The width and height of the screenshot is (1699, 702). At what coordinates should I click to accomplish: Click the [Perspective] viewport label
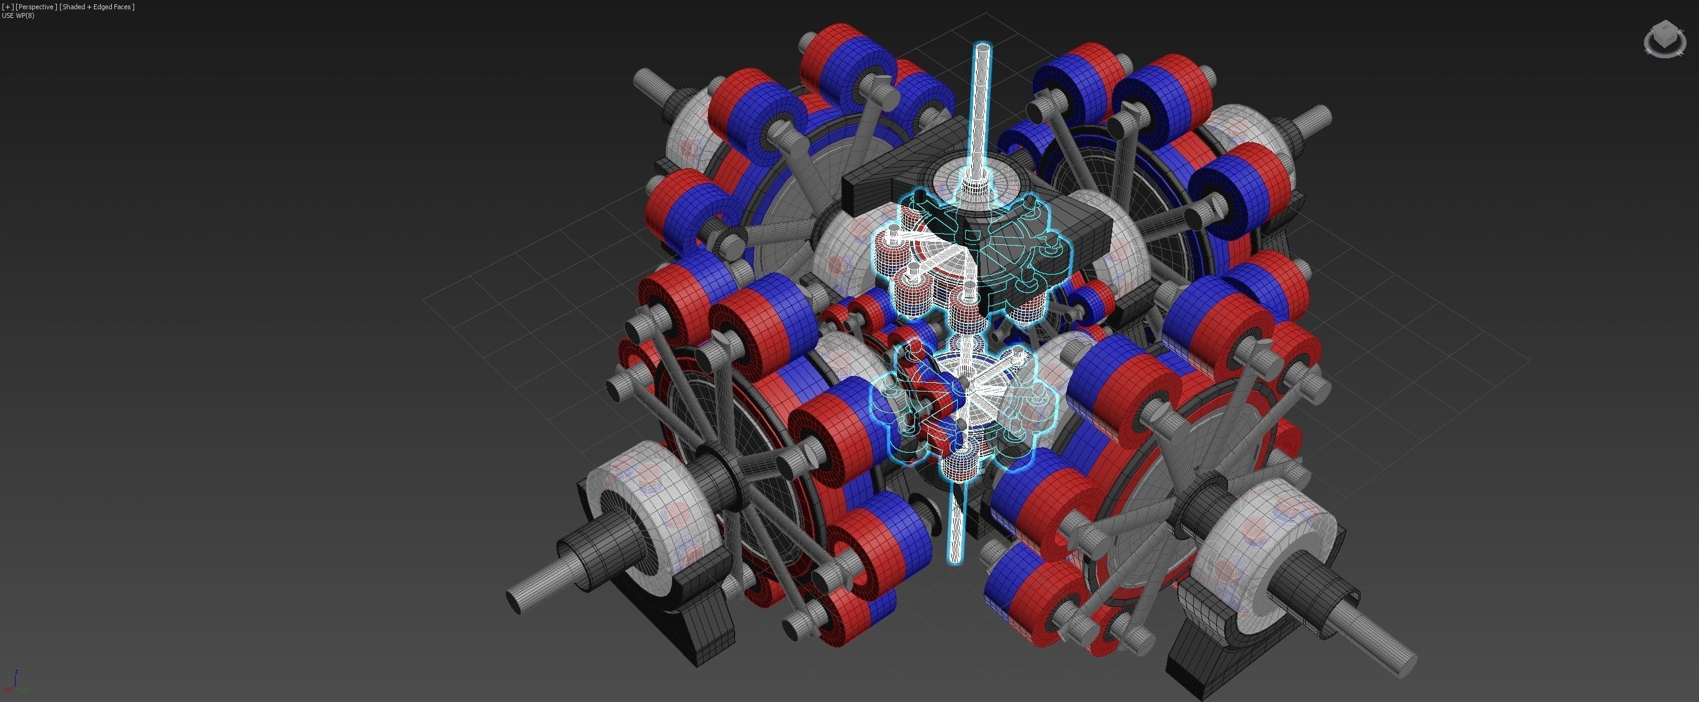[36, 7]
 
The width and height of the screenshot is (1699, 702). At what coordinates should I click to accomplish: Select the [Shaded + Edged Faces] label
[97, 7]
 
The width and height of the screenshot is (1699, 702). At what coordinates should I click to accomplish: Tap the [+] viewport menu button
[8, 7]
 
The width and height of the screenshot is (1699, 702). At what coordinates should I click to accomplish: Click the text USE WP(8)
[19, 15]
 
